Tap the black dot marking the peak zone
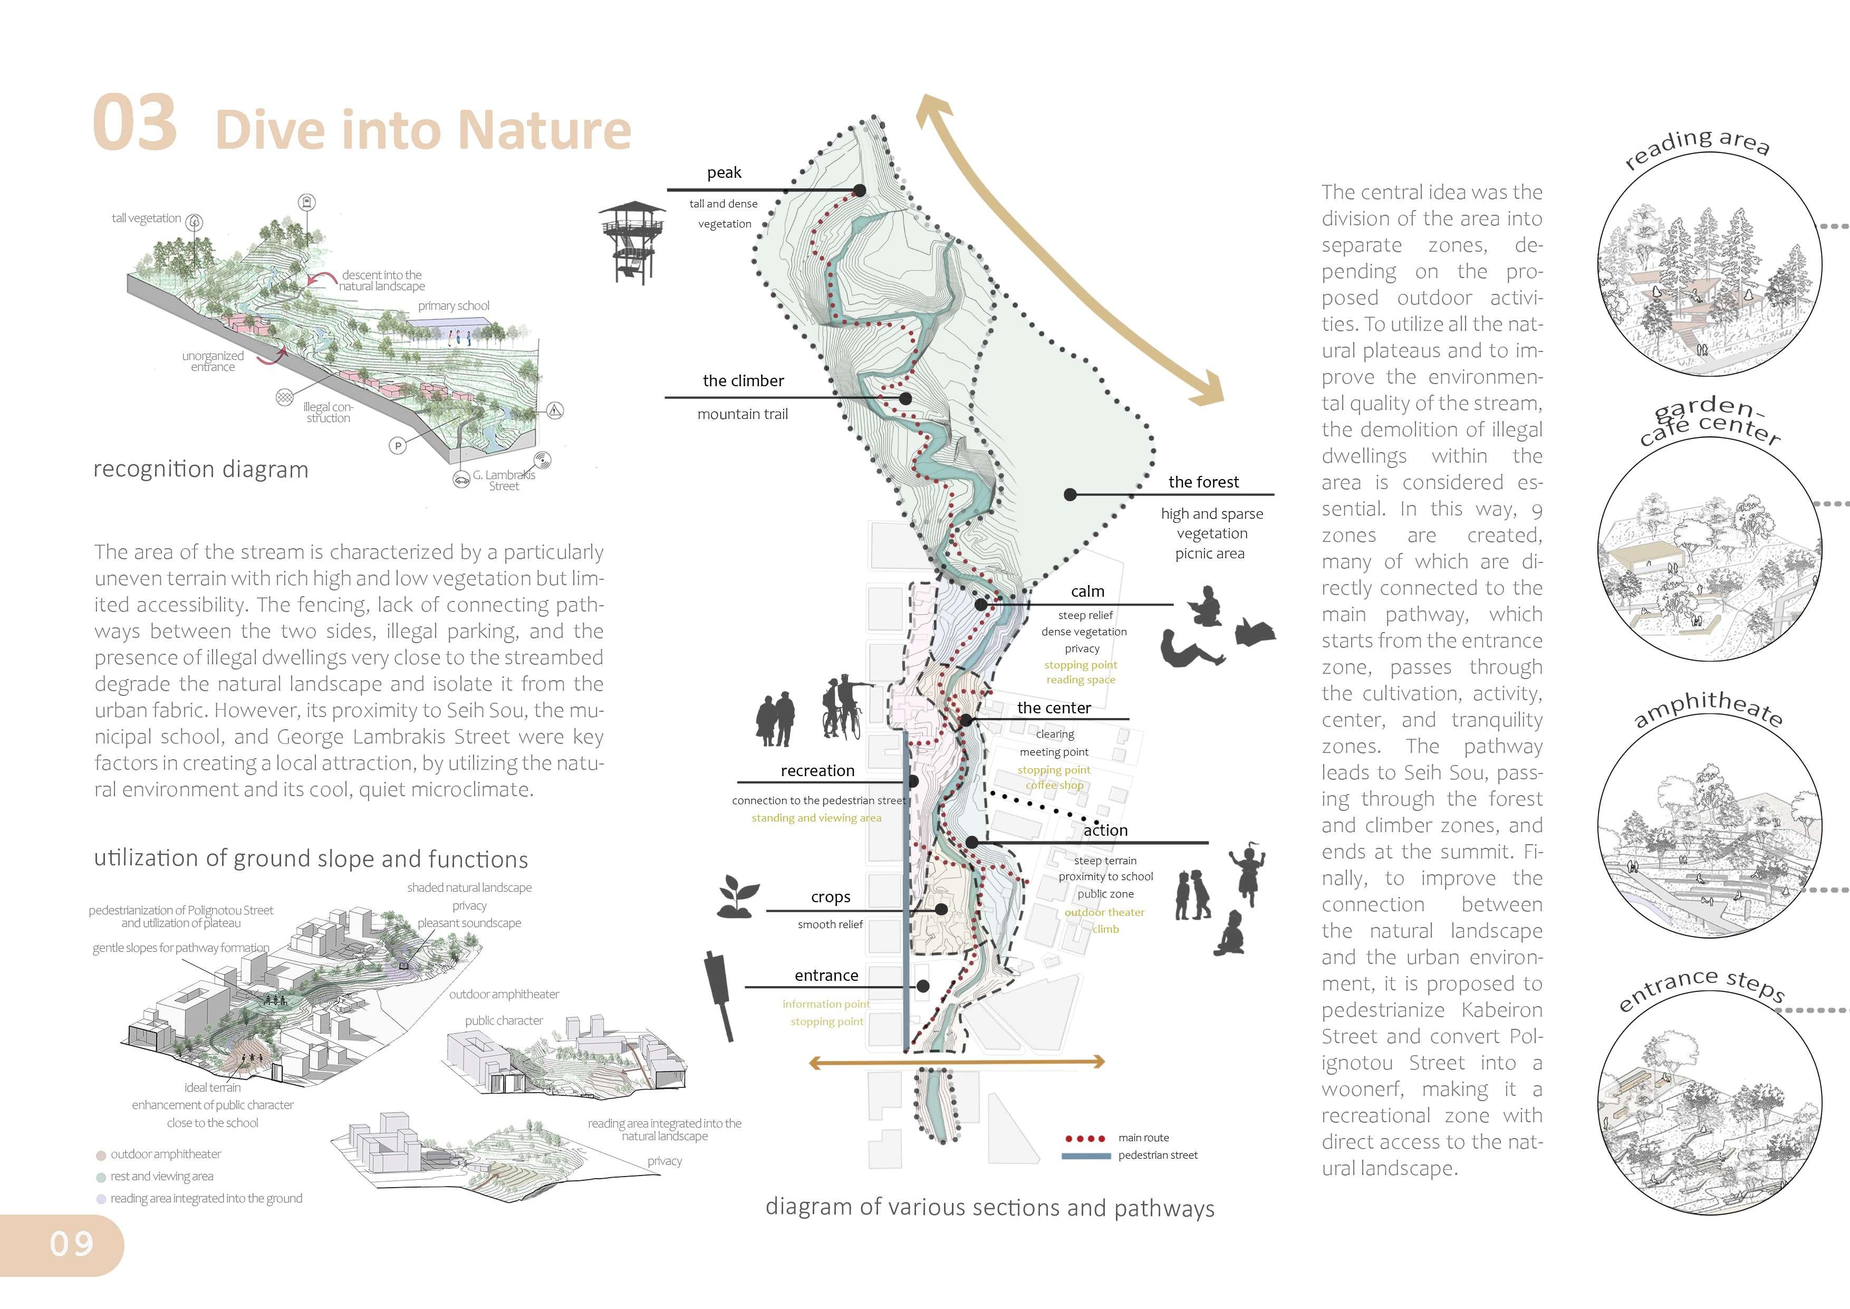860,190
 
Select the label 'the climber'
743,380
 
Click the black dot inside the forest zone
1070,494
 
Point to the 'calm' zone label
1087,591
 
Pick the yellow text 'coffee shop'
1054,785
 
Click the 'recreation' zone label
817,770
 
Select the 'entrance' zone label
826,976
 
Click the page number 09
72,1244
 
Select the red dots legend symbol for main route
1085,1138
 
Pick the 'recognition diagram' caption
200,469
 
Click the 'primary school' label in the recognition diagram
454,305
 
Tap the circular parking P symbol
397,445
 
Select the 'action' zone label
1105,829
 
